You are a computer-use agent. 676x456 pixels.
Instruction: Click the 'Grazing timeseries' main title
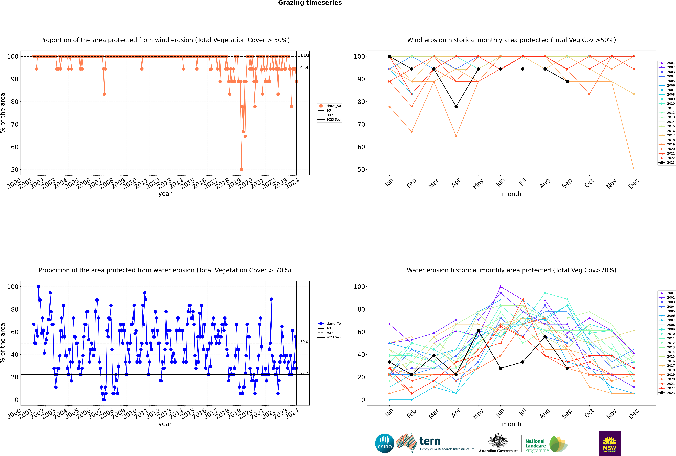[x=310, y=3]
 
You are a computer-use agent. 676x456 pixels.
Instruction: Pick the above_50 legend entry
[x=329, y=106]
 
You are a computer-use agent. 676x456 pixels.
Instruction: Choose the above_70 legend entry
[x=329, y=324]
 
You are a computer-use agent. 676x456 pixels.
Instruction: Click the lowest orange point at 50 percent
[x=241, y=170]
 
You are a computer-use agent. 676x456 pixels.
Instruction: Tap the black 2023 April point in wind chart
[x=456, y=107]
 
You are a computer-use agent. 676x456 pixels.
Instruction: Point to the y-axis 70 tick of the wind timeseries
[x=14, y=125]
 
